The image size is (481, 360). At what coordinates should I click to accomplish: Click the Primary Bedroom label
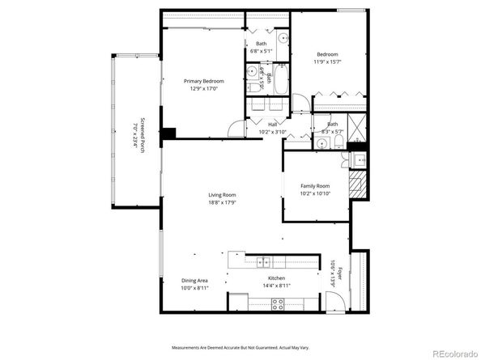pos(203,81)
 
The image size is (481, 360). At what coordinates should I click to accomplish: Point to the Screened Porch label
pos(143,137)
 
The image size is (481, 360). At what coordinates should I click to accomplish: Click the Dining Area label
pos(194,281)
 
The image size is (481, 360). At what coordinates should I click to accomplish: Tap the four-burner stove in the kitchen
pos(277,303)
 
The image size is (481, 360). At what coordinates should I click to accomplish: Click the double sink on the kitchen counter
pos(264,260)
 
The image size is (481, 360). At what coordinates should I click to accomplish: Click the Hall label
pos(262,124)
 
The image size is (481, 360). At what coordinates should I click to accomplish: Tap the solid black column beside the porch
pos(168,134)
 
